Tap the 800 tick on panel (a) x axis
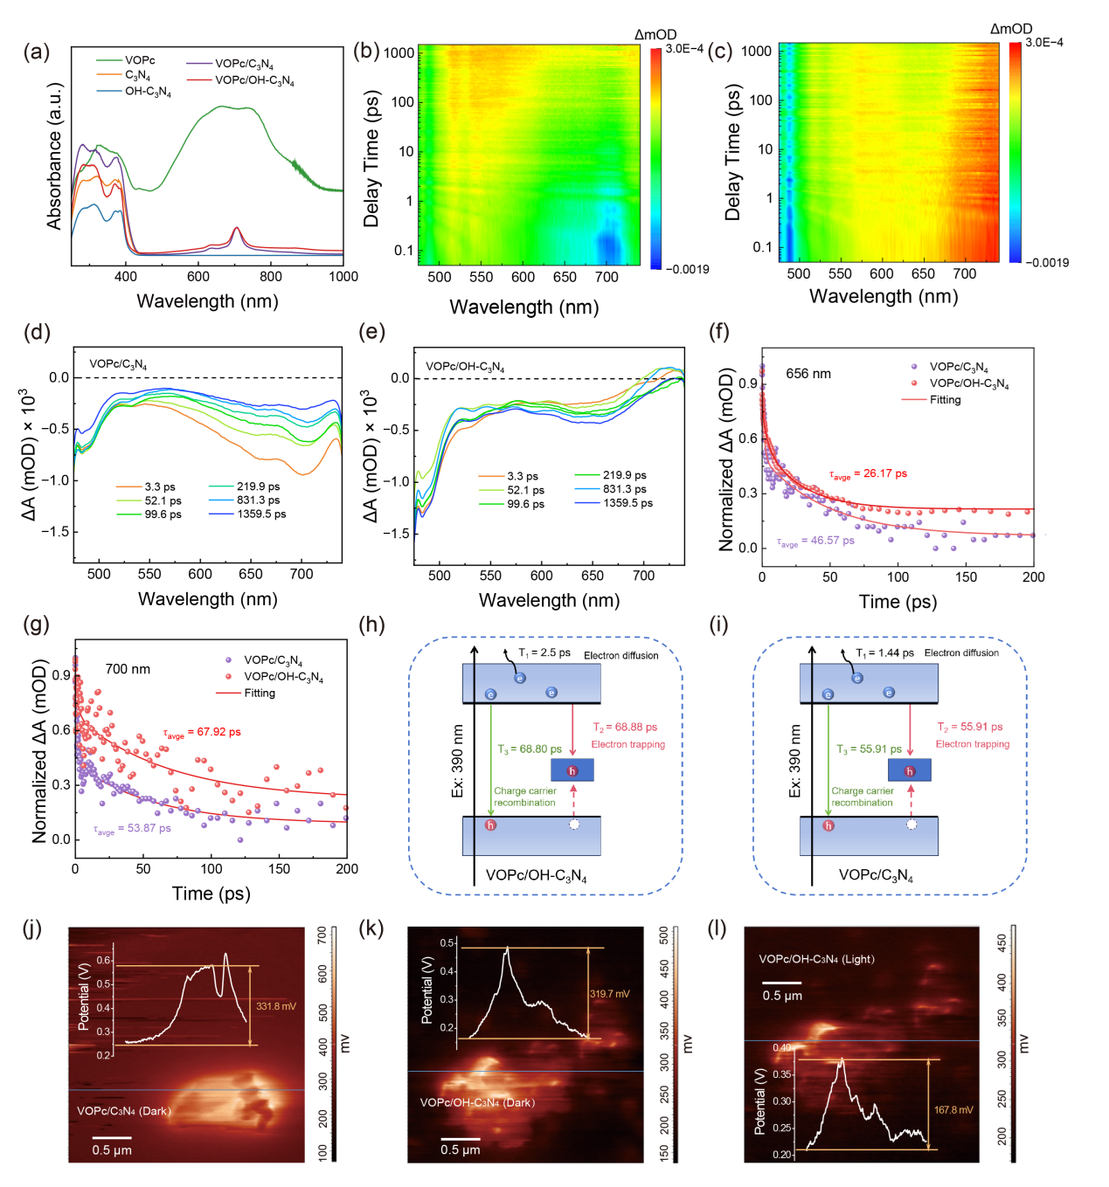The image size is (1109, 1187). tap(271, 277)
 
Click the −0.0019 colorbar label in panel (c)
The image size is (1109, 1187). tap(1046, 262)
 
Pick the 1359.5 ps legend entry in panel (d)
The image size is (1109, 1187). tap(261, 514)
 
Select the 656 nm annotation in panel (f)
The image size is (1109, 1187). tap(808, 374)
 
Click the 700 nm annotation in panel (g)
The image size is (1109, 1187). tap(128, 669)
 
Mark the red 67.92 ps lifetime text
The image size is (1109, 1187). tap(202, 733)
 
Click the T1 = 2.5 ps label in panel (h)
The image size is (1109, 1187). tap(544, 652)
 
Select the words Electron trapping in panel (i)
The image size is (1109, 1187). tap(973, 744)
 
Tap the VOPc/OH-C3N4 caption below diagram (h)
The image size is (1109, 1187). tap(536, 876)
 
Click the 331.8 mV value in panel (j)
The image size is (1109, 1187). tap(276, 1006)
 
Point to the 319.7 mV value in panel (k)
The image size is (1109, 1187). tap(609, 994)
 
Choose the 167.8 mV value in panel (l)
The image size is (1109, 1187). tap(953, 1110)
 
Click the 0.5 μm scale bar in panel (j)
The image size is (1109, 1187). tap(112, 1138)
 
